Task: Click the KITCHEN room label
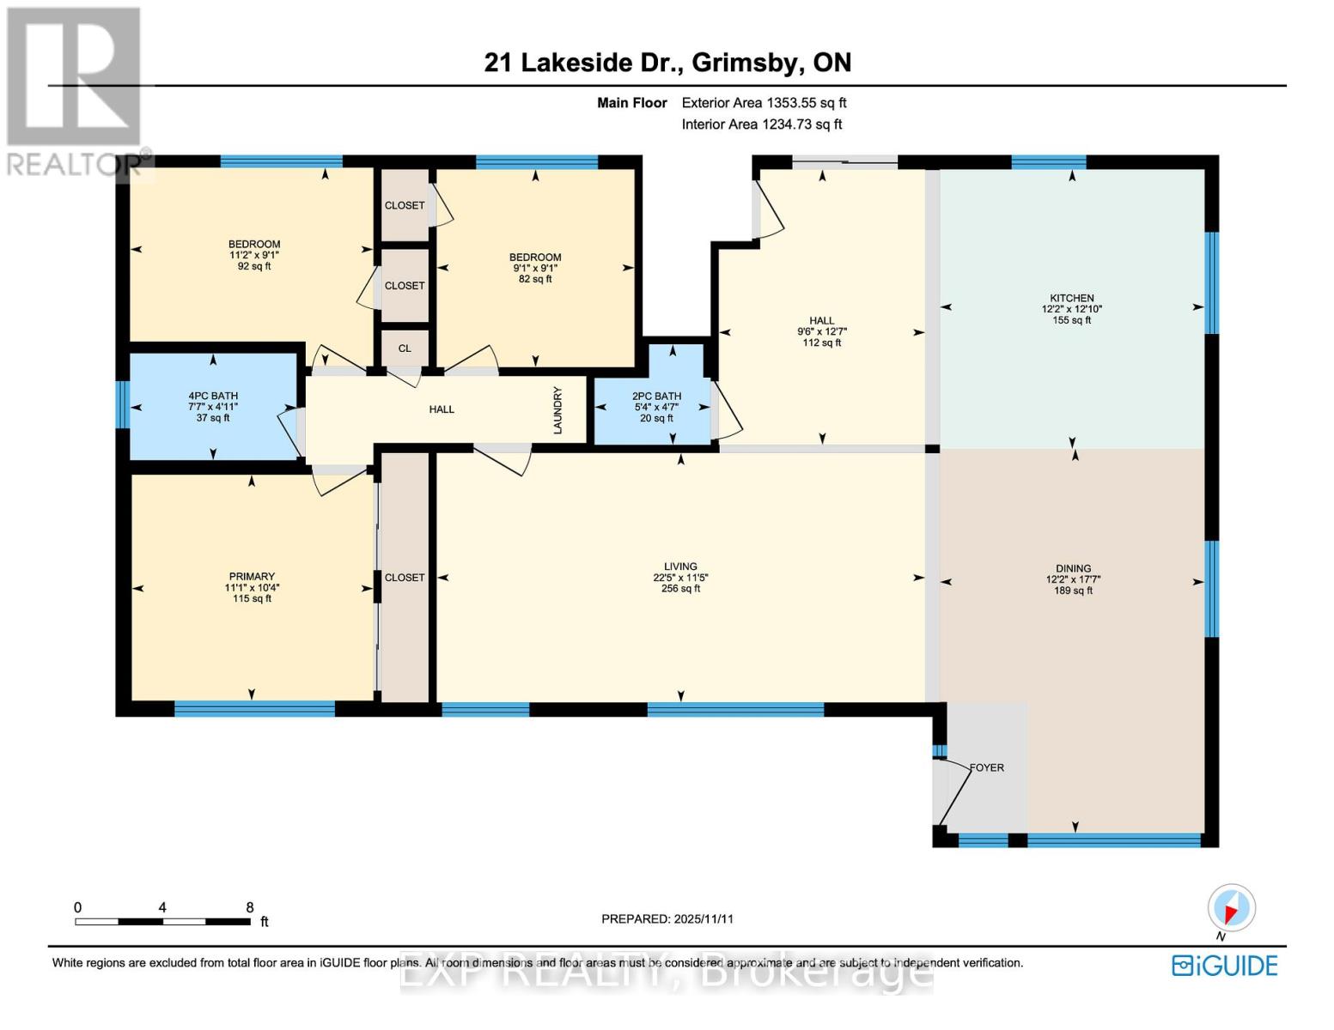click(1071, 299)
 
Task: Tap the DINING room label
click(1073, 569)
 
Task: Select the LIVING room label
click(680, 566)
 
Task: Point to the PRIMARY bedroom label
click(252, 577)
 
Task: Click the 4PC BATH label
click(213, 397)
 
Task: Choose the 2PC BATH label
click(656, 397)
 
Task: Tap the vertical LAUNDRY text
click(557, 410)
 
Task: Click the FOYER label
click(986, 768)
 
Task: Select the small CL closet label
click(405, 348)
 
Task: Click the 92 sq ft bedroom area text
click(254, 267)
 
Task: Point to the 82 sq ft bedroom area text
click(535, 279)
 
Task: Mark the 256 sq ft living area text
click(680, 589)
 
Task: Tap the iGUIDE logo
click(1225, 966)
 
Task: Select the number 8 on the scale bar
click(250, 907)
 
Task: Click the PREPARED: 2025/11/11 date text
click(667, 919)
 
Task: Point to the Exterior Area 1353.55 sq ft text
click(764, 103)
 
